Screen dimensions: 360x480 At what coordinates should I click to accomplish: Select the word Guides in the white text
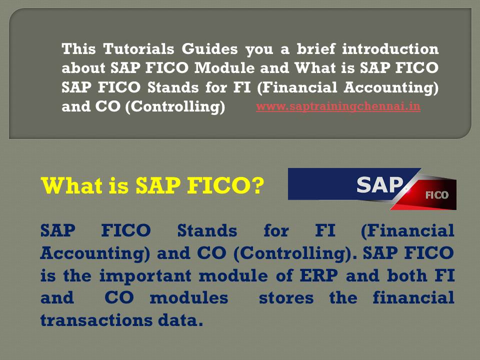click(210, 49)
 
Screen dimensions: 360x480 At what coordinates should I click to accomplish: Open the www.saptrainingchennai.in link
click(338, 106)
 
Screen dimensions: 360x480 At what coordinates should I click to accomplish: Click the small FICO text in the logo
click(436, 195)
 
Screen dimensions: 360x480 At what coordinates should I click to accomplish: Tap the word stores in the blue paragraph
click(286, 298)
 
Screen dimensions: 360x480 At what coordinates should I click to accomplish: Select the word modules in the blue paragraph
click(188, 298)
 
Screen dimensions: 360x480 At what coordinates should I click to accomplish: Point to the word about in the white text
click(83, 68)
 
